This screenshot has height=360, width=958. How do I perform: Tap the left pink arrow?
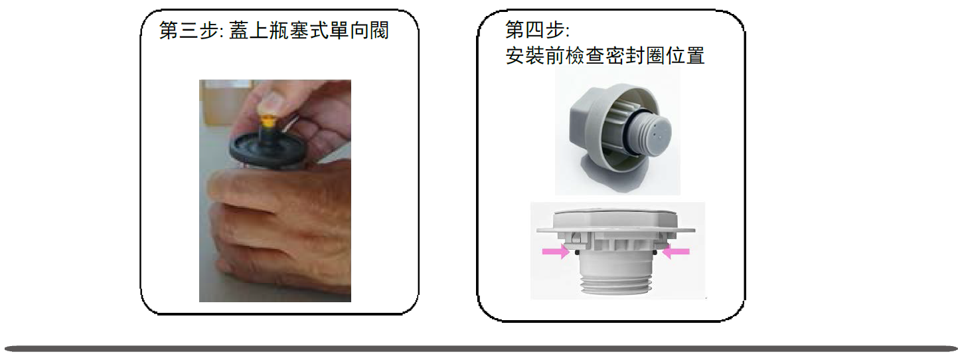[556, 252]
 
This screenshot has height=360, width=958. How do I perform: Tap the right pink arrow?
[676, 252]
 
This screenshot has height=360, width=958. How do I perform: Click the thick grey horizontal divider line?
[480, 349]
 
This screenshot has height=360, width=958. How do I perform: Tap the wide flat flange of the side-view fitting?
[616, 230]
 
